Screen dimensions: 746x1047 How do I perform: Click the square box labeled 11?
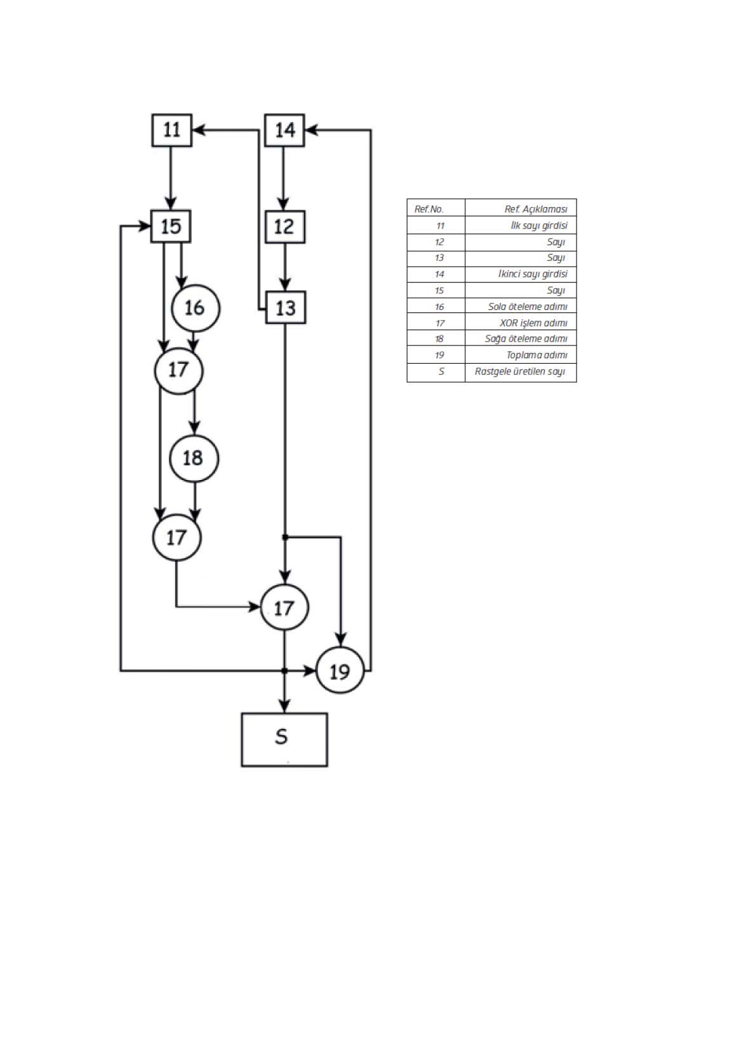(x=171, y=130)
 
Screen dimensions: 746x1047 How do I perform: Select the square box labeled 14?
(x=284, y=130)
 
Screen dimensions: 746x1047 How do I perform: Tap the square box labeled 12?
(x=285, y=227)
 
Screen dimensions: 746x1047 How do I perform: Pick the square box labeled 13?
(x=286, y=307)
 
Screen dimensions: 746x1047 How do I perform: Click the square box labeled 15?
(x=171, y=226)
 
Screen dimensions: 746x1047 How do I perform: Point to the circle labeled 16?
(x=196, y=308)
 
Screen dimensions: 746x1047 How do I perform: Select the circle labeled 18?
(x=194, y=458)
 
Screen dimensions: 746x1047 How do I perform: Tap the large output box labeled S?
(x=284, y=740)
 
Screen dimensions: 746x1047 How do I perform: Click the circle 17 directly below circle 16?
(x=178, y=371)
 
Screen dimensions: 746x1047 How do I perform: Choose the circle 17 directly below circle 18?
(x=177, y=538)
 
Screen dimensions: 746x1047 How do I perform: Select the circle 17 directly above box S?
(x=284, y=607)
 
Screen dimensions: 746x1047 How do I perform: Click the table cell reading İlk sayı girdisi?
(x=521, y=225)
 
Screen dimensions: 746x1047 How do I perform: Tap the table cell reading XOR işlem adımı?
(x=521, y=322)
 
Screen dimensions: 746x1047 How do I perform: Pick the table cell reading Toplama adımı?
(x=521, y=355)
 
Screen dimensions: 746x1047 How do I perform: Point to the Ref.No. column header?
(x=436, y=208)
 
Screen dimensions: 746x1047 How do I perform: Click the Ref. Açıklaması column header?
(x=521, y=208)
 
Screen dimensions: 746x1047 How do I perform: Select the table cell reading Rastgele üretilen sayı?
(x=521, y=373)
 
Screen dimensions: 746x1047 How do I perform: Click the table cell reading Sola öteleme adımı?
(x=521, y=306)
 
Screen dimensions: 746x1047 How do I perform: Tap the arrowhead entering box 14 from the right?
(x=311, y=130)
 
